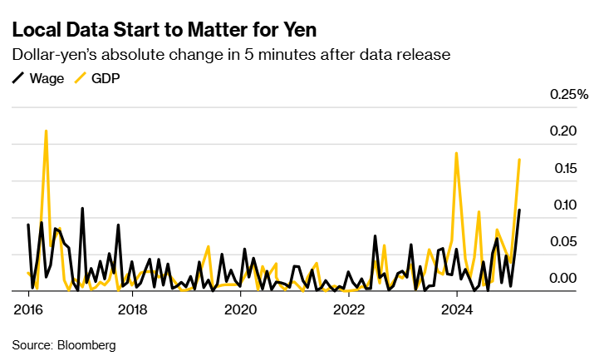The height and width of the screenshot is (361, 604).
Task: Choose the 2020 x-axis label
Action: point(241,310)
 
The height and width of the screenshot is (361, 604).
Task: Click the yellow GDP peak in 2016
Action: point(46,131)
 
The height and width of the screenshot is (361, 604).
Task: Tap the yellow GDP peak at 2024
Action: point(456,153)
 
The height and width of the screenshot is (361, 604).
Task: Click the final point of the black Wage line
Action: point(519,210)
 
